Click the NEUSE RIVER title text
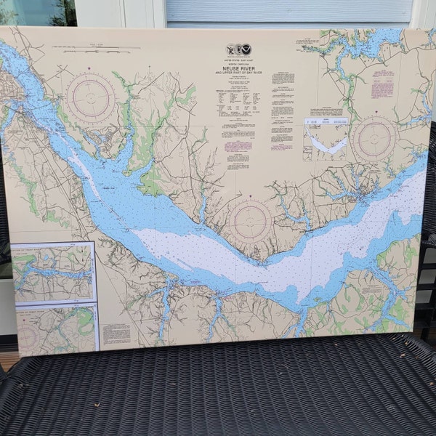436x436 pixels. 239,66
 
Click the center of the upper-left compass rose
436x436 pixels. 91,98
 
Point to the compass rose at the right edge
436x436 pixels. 374,139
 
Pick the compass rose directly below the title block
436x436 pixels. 250,221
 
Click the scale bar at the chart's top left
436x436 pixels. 91,50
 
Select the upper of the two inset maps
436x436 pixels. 53,272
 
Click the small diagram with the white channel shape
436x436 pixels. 325,143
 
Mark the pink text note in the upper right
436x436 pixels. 382,89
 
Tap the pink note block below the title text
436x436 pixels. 238,146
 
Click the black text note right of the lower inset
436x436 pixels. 116,334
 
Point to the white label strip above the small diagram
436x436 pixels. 326,121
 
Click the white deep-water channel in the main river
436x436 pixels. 240,251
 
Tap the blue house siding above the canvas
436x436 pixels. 291,11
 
